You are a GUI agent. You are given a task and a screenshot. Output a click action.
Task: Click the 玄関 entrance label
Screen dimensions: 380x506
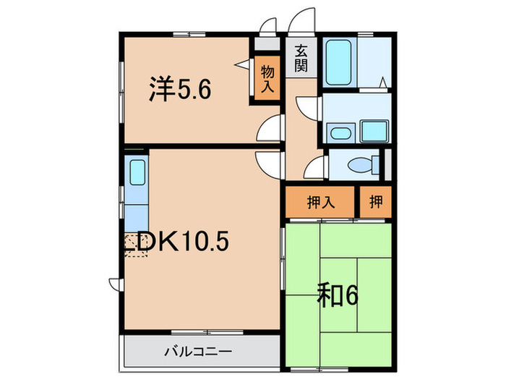click(x=301, y=59)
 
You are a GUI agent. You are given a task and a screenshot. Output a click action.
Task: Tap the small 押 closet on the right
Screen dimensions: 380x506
click(x=377, y=201)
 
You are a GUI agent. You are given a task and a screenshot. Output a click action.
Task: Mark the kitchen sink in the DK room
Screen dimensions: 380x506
click(x=137, y=174)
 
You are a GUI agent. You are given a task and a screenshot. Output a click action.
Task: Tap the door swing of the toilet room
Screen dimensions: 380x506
click(x=316, y=170)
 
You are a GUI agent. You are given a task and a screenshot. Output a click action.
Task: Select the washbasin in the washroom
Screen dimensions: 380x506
click(x=338, y=133)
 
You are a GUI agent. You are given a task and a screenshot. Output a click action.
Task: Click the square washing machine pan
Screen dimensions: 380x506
click(x=374, y=132)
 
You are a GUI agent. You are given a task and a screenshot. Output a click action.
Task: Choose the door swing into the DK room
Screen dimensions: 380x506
click(x=271, y=162)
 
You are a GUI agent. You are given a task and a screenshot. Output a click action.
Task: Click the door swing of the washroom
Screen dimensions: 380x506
click(x=307, y=107)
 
